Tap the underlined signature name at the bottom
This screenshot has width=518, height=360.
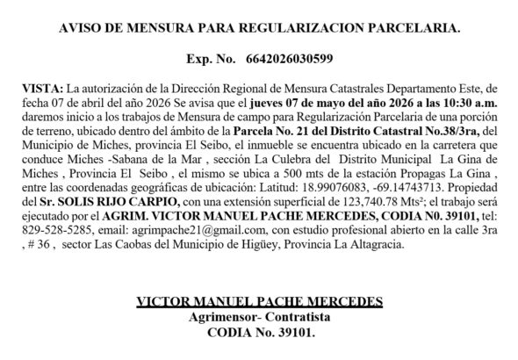pos(260,303)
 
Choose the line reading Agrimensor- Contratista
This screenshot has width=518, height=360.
pos(260,317)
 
